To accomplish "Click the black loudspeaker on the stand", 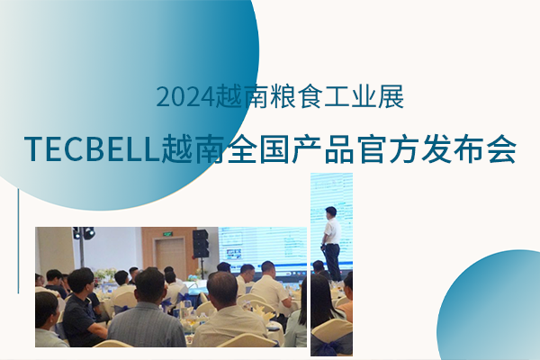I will tap(200, 242).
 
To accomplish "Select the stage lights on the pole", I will tap(84, 233).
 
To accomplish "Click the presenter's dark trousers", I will tap(333, 261).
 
